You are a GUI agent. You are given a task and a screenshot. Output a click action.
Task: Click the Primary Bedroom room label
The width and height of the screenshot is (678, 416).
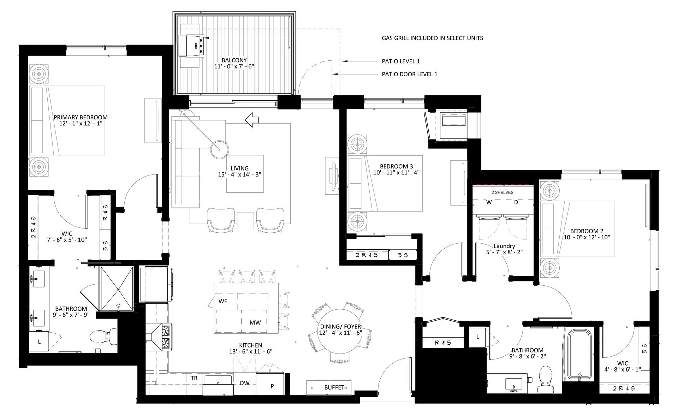[81, 117]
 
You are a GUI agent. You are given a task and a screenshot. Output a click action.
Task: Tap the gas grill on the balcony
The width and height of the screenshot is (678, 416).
[191, 46]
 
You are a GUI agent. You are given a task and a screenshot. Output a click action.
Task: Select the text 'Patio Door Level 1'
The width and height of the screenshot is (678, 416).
[410, 74]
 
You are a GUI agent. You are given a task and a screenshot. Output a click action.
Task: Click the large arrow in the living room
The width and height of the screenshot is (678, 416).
[252, 120]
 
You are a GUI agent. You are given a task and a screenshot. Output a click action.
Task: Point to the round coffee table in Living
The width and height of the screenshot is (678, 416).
[219, 149]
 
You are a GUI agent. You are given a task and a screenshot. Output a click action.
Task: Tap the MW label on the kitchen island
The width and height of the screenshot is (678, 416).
[255, 322]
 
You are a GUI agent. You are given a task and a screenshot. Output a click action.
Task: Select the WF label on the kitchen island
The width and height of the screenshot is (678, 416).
[223, 301]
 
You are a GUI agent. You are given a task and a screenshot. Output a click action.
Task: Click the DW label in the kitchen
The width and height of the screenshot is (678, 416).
[244, 383]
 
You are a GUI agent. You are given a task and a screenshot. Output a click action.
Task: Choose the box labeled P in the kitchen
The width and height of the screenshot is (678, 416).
[272, 386]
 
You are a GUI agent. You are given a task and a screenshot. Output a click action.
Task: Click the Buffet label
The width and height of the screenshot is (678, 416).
[334, 387]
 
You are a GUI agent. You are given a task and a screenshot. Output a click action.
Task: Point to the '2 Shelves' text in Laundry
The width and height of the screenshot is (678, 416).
[502, 192]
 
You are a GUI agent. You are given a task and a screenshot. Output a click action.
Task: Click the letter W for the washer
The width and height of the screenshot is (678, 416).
[489, 202]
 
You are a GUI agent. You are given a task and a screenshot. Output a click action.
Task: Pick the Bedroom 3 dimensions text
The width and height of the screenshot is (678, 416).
[396, 173]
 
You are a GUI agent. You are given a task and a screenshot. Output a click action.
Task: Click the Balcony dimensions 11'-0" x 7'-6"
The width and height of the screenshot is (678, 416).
[234, 66]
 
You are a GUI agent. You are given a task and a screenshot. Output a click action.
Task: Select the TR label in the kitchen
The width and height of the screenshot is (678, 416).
[194, 378]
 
